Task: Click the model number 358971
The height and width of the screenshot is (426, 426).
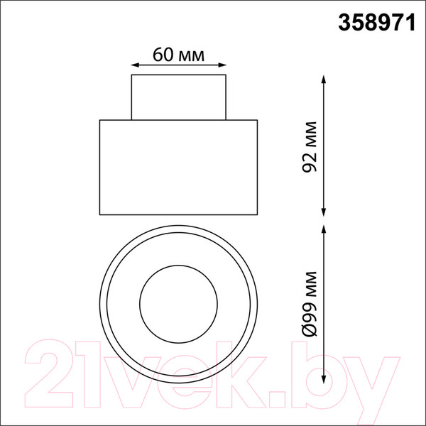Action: [x=376, y=23]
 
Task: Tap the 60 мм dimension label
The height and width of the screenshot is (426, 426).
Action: [x=178, y=55]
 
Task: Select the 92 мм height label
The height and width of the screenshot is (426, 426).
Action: [x=310, y=147]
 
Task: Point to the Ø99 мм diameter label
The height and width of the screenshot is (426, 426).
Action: [x=310, y=304]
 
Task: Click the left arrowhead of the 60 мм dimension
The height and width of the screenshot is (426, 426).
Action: [x=135, y=65]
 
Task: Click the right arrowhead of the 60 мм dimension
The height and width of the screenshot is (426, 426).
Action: [x=222, y=65]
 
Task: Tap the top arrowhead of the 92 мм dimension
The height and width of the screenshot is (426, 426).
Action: [x=323, y=80]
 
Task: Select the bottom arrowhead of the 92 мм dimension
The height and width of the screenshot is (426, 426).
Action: [x=323, y=212]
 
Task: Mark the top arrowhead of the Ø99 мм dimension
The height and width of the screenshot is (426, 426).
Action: [x=323, y=229]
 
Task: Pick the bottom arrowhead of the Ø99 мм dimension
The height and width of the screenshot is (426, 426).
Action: [x=323, y=379]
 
